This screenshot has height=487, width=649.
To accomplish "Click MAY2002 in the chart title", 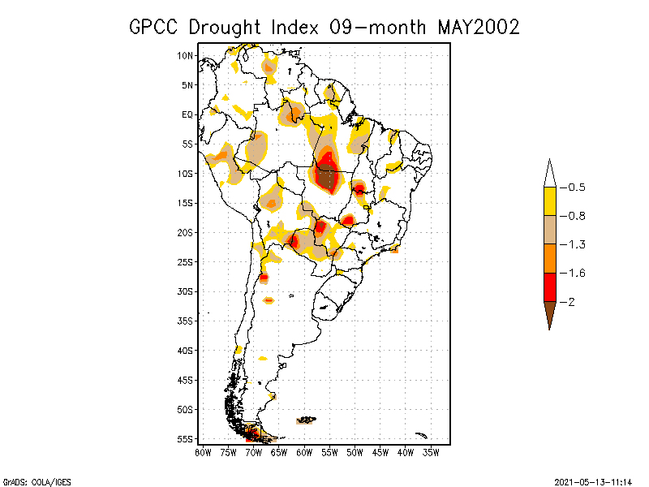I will (x=478, y=27).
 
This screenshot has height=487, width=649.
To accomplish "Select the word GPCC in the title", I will (x=156, y=27).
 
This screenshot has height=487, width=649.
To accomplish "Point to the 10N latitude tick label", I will (x=186, y=55).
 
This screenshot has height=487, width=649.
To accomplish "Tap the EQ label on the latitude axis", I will (x=187, y=114).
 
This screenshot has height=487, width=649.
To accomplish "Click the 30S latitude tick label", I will (x=186, y=291).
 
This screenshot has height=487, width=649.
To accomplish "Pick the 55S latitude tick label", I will (x=186, y=439).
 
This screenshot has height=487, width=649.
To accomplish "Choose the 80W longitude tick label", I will (x=203, y=452).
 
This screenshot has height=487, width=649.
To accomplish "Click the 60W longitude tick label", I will (x=304, y=452).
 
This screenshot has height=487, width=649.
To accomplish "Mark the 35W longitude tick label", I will (x=432, y=452).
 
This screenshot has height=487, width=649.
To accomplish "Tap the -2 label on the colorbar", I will (x=569, y=301).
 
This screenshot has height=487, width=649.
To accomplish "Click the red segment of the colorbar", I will (x=549, y=287).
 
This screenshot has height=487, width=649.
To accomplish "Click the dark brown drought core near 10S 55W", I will (x=328, y=175).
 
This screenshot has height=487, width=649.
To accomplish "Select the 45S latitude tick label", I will (x=186, y=380).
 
